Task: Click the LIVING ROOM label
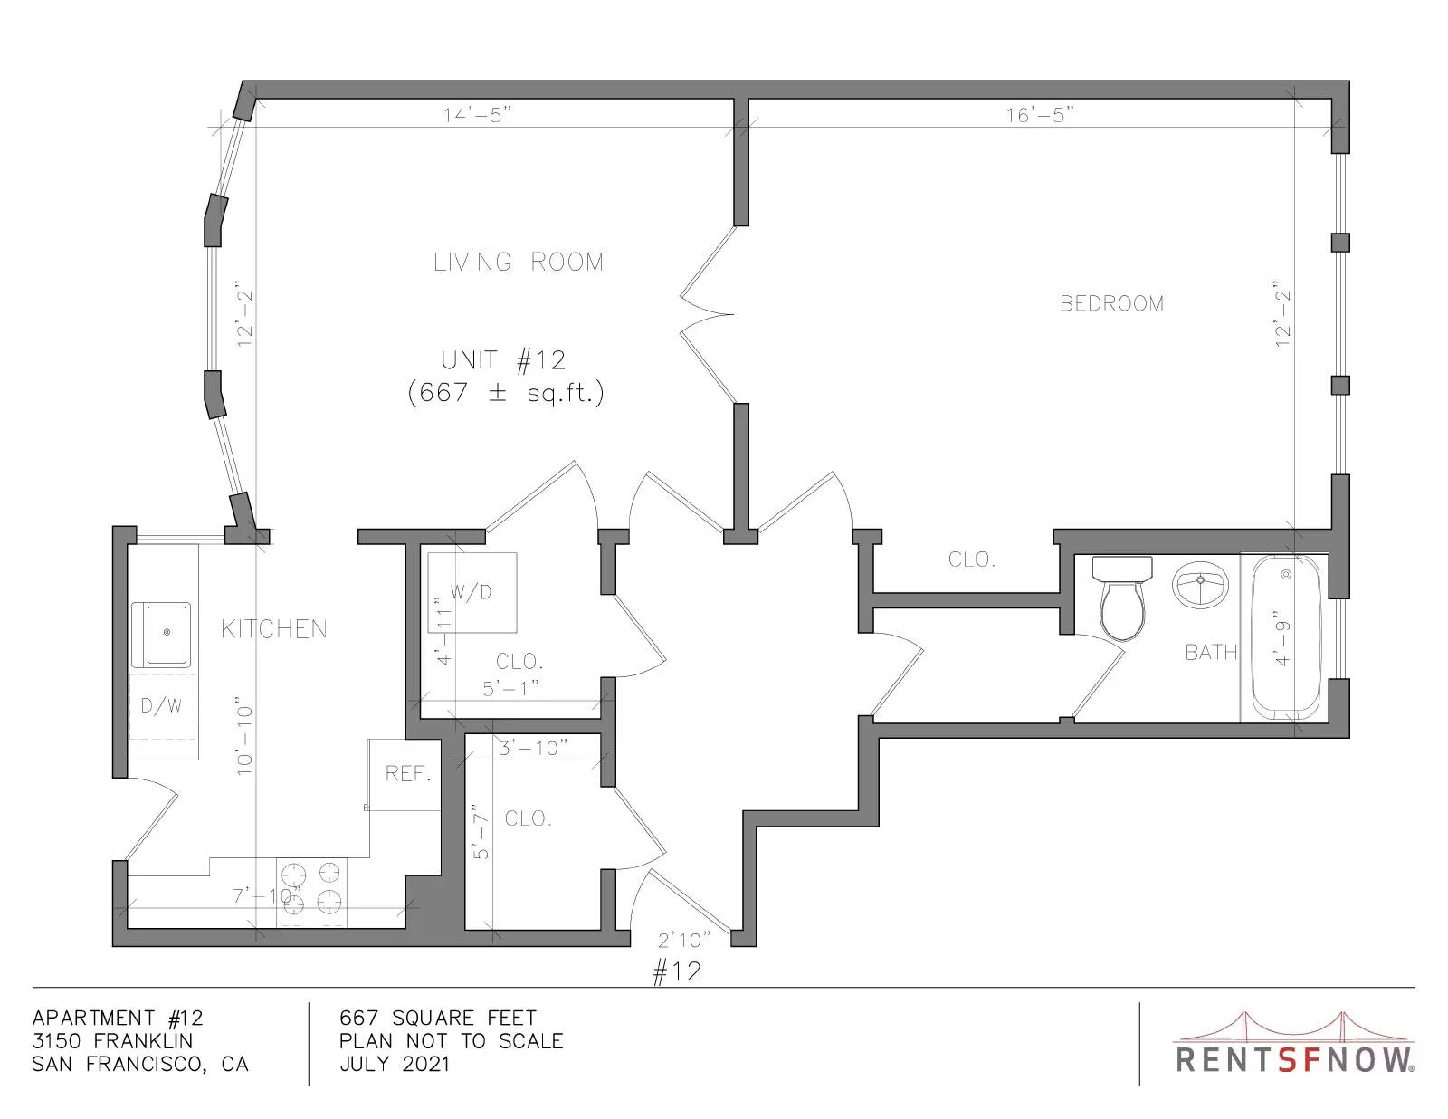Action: point(519,262)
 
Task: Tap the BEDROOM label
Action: point(1111,304)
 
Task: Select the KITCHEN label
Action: point(274,629)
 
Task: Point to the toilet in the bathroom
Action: point(1123,598)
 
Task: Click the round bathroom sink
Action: point(1200,585)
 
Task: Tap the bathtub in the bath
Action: point(1285,637)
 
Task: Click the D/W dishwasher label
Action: point(160,706)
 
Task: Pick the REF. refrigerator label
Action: point(408,774)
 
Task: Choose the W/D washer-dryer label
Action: point(472,592)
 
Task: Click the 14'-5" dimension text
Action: point(477,115)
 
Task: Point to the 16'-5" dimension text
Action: point(1040,115)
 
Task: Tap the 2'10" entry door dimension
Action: point(684,940)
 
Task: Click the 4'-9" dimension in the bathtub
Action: point(1282,637)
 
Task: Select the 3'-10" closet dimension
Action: point(533,748)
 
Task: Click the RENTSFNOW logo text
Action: point(1295,1060)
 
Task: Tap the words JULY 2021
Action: point(395,1064)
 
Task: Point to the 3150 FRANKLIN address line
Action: point(112,1041)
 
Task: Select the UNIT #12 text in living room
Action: point(503,360)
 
